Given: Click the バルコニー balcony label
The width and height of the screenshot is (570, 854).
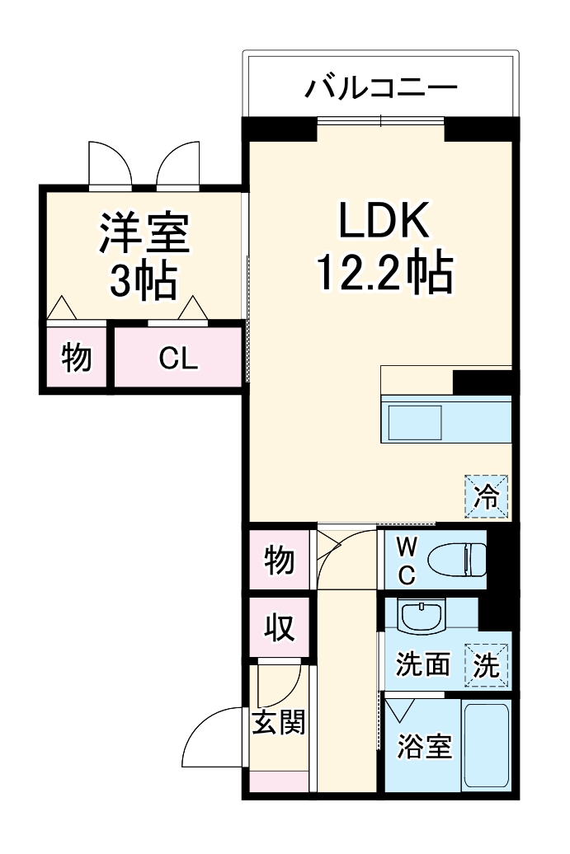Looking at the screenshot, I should coord(380,87).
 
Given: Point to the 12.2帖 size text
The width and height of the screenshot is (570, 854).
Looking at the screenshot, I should coord(384,273).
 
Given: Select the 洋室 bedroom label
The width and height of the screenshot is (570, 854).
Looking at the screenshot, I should coord(145,233).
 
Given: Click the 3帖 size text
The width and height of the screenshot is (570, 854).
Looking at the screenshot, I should coord(144,282).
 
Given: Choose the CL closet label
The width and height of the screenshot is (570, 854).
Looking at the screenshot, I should coord(178,359).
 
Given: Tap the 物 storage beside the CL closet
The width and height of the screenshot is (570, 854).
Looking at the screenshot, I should coord(77,359).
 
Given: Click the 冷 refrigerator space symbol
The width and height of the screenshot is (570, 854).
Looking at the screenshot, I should coord(487,496).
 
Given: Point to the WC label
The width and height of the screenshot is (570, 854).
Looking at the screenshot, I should coord(407,561).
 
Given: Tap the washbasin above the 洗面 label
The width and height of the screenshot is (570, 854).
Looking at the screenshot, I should coord(421,615).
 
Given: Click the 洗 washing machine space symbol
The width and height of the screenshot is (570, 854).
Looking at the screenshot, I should coord(487,664).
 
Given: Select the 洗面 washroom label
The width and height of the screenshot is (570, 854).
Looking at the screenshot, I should coord(422,664).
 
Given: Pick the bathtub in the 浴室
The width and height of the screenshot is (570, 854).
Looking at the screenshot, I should coord(486,745).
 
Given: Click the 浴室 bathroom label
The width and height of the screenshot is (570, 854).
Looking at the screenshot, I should coord(424,747).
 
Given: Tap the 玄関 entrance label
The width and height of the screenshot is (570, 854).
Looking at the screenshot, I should coord(278,723).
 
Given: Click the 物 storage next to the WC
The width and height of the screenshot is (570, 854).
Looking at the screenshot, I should coord(279,561).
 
